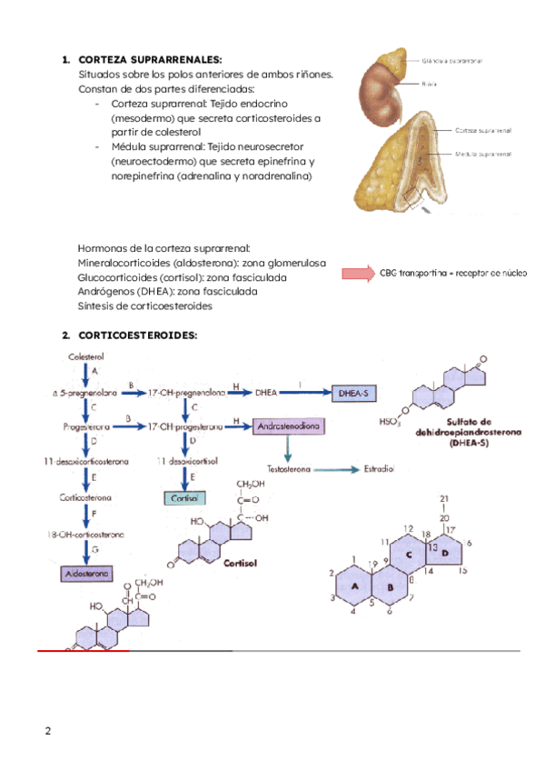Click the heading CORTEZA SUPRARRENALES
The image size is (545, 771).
[x=150, y=60]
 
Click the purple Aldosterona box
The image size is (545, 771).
[x=86, y=575]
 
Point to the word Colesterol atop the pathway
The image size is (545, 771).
[x=86, y=358]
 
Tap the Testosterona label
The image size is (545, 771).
[x=289, y=469]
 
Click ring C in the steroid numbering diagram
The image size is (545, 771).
[x=409, y=554]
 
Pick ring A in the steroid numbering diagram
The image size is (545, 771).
[x=354, y=588]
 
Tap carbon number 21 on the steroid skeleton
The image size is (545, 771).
[x=443, y=499]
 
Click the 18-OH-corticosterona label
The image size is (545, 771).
[x=86, y=536]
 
